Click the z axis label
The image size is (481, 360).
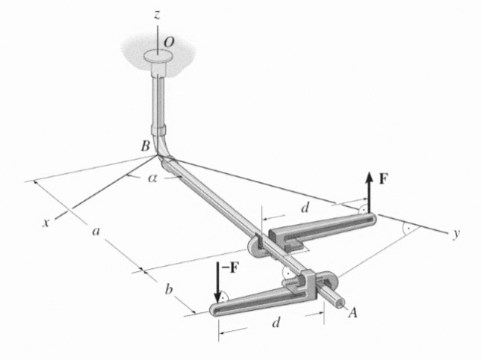pos(157,15)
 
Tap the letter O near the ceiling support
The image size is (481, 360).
pos(170,43)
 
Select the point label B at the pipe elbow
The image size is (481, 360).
pos(146,146)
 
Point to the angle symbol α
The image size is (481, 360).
pos(152,179)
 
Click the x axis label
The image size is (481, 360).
pos(46,223)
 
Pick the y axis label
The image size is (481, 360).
pos(457,234)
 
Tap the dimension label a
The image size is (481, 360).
pos(96,232)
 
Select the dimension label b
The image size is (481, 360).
pos(169,289)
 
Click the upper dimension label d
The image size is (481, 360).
pos(305,208)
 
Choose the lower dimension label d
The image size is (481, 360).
pos(276,323)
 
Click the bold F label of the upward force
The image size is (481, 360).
pos(382,179)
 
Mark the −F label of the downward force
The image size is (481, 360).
pos(230,267)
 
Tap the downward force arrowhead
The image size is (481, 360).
pos(218,297)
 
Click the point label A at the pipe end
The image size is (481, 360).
pos(353,313)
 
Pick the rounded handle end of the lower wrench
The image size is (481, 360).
pos(216,310)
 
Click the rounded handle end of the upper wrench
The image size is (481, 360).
pos(373,217)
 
